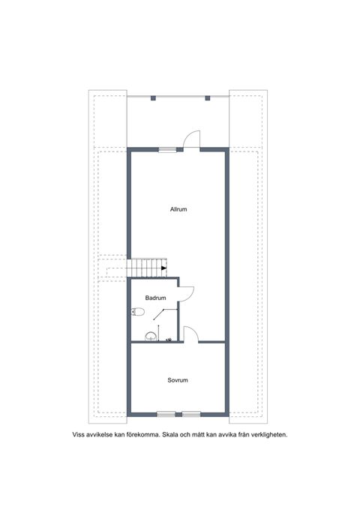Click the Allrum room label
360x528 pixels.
(x=178, y=209)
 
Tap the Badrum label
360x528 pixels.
(x=155, y=298)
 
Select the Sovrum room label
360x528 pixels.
(x=178, y=380)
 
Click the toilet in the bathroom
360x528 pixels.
(x=138, y=312)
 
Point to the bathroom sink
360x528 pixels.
(x=151, y=337)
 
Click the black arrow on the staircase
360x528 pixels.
(x=164, y=268)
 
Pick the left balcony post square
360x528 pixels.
(x=153, y=98)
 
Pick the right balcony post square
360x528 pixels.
(x=208, y=98)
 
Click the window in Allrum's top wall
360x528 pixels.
(x=167, y=150)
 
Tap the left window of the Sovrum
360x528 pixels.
(x=166, y=414)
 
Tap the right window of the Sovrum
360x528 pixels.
(x=191, y=414)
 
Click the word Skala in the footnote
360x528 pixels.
(x=170, y=435)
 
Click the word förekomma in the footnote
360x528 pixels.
(x=142, y=435)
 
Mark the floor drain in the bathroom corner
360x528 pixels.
(x=169, y=340)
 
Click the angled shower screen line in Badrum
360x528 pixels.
(x=158, y=314)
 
